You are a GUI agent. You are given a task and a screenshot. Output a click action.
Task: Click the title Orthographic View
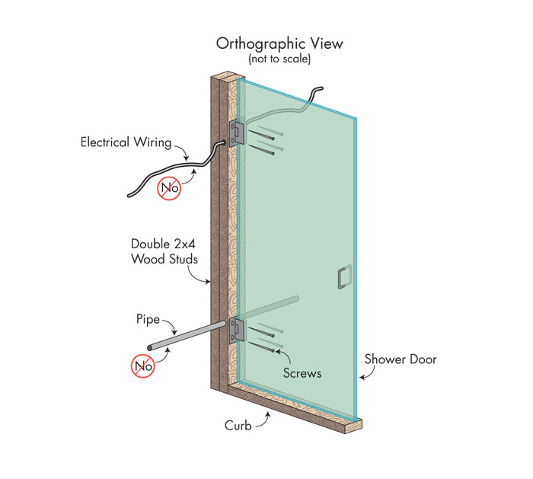tap(279, 44)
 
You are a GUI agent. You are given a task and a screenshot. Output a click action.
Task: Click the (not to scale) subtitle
tap(279, 59)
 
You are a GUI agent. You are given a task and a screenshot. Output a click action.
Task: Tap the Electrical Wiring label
tap(126, 142)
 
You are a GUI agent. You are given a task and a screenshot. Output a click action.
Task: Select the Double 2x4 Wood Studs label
tap(164, 251)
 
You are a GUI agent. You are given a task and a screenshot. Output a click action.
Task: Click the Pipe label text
tap(148, 319)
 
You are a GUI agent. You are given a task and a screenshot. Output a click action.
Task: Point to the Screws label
tap(302, 373)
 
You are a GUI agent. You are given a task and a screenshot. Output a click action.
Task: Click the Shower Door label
tap(401, 359)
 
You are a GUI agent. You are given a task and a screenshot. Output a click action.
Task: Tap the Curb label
tap(238, 425)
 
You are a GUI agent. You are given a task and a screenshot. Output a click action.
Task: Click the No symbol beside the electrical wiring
tap(169, 188)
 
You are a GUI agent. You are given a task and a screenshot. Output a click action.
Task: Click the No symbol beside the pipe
tap(143, 366)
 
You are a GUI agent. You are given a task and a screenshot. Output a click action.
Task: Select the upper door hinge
tap(237, 133)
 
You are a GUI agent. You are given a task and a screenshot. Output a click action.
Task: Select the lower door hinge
tap(237, 331)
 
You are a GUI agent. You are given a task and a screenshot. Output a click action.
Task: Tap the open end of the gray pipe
tap(149, 347)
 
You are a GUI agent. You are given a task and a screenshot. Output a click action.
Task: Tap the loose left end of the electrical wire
tap(129, 196)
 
